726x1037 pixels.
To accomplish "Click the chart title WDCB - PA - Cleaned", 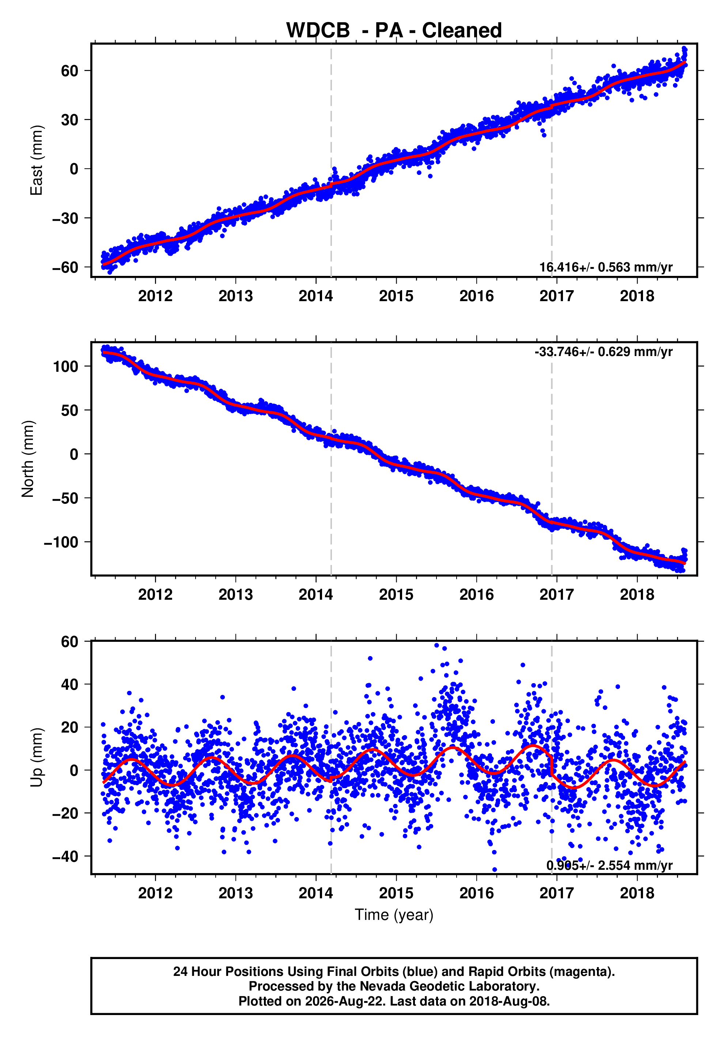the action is [x=394, y=30].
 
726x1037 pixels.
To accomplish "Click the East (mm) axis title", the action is [x=36, y=160].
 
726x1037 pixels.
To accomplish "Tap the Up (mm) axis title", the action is [x=36, y=757].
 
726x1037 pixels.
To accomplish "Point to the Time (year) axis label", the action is [x=394, y=914].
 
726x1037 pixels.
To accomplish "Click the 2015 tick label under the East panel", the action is [x=396, y=296].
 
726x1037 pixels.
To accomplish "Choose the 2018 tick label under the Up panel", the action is [x=637, y=893].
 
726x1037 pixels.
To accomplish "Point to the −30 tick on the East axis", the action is [x=65, y=218].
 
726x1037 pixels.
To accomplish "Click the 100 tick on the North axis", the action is [x=65, y=366].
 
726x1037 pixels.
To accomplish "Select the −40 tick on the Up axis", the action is [x=65, y=856].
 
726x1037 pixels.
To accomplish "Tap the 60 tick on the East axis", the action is [x=70, y=71].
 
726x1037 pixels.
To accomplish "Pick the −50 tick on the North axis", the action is [x=65, y=498].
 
